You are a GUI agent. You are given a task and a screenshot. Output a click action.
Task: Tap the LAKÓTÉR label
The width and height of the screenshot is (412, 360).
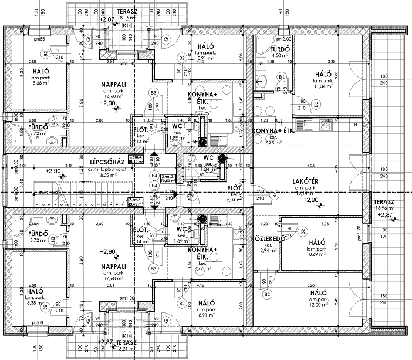(x=305, y=181)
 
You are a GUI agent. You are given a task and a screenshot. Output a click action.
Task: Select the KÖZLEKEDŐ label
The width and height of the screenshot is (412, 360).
(x=268, y=239)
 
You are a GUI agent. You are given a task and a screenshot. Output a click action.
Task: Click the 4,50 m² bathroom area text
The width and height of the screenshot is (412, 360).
(x=278, y=56)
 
